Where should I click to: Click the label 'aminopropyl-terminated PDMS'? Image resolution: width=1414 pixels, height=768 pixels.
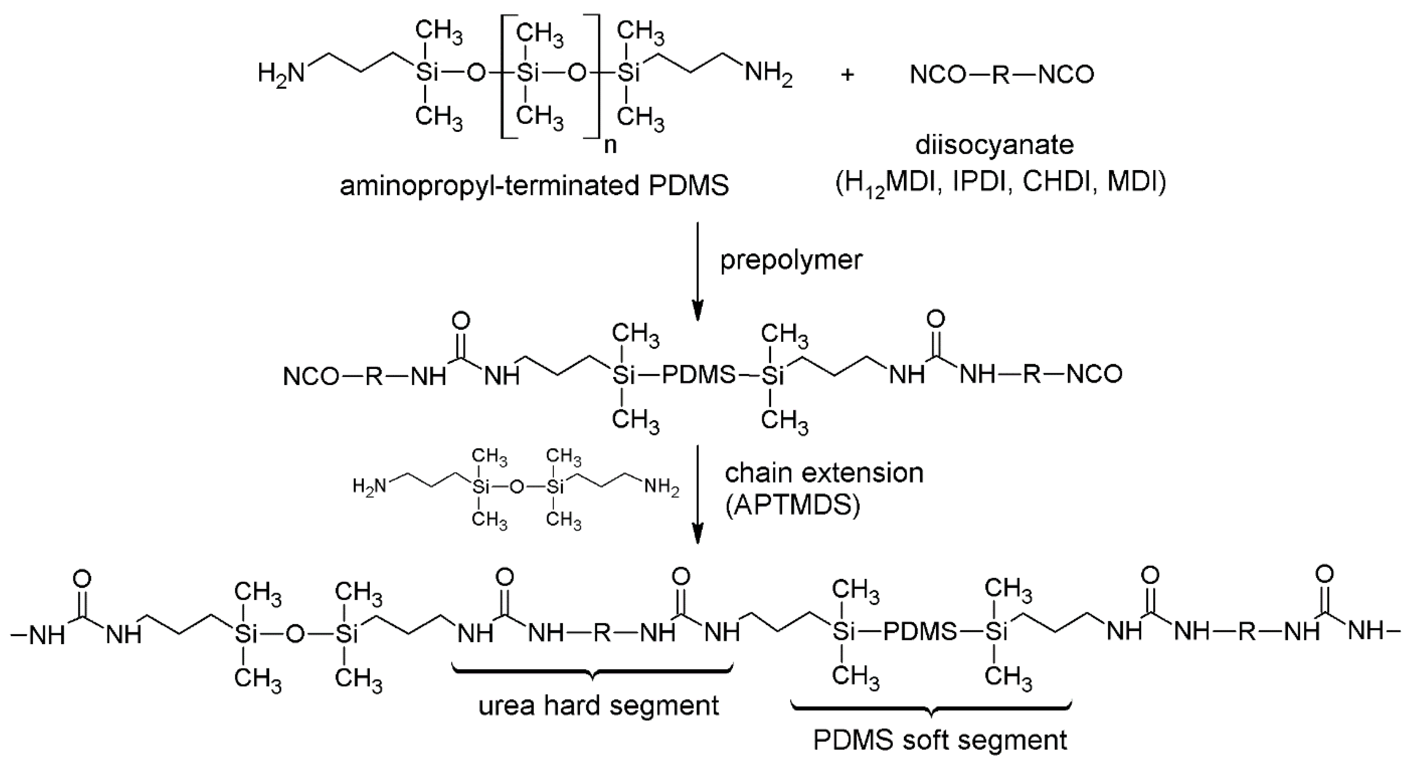534,186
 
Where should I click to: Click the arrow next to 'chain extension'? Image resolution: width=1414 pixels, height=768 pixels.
697,494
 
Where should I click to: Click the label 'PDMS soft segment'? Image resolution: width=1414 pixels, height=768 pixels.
940,740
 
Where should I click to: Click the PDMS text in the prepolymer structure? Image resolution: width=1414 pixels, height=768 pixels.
699,375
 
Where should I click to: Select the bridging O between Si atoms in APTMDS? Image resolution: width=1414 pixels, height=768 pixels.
516,486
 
